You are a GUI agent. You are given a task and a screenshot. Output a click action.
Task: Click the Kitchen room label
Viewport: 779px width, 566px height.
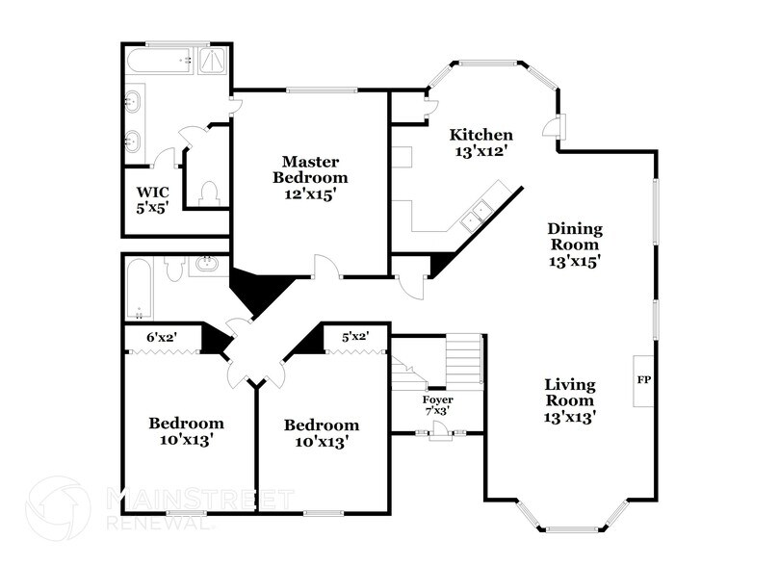pyautogui.click(x=481, y=135)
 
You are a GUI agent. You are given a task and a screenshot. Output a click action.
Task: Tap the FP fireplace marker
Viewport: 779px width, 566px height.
pyautogui.click(x=643, y=380)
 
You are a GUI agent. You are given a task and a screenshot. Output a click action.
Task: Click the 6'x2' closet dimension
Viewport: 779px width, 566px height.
pyautogui.click(x=161, y=337)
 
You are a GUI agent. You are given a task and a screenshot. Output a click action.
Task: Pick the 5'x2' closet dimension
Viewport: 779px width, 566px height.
pyautogui.click(x=355, y=337)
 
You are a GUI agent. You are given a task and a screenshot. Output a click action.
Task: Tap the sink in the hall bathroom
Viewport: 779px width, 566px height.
pyautogui.click(x=206, y=264)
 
